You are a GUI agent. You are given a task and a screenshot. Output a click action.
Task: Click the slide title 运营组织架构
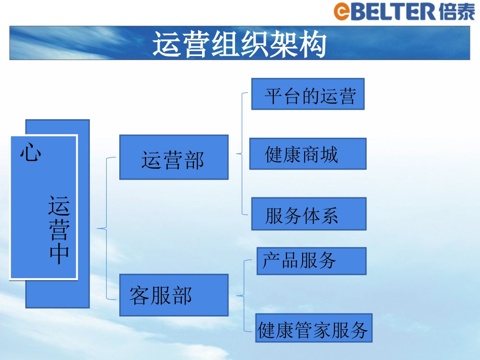239,45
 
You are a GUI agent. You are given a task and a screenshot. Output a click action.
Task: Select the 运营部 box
174,157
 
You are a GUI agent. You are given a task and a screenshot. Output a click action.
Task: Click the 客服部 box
174,295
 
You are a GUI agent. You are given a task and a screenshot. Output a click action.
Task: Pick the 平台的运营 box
308,94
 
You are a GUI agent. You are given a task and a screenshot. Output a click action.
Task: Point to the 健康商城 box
308,154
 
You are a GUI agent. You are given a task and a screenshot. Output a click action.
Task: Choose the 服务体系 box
308,214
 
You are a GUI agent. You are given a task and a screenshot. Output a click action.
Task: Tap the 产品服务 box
311,261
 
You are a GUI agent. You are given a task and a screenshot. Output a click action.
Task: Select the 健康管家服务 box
313,328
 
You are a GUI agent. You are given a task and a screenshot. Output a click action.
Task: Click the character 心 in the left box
31,152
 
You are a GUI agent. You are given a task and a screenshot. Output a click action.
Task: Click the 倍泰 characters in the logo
457,11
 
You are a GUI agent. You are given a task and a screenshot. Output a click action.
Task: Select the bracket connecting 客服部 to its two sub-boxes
244,295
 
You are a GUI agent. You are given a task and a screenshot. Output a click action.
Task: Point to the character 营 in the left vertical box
59,230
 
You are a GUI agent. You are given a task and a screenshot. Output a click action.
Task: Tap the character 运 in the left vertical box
59,207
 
